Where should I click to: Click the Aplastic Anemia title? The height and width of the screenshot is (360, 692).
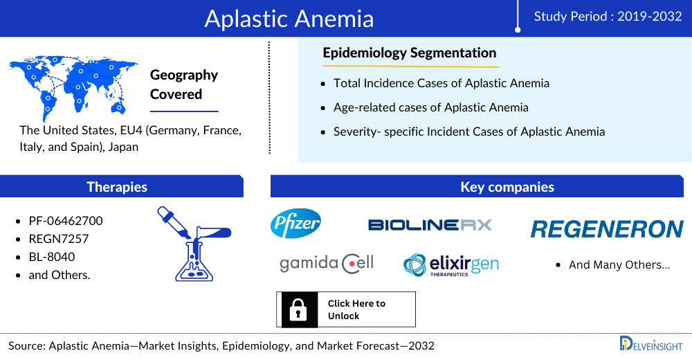click(289, 19)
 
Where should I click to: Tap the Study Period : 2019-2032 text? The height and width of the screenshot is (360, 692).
click(608, 17)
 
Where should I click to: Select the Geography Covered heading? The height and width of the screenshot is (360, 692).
click(184, 84)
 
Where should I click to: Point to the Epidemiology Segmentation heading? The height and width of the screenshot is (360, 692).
click(410, 53)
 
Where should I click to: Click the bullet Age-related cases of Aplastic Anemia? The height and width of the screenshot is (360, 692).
click(430, 107)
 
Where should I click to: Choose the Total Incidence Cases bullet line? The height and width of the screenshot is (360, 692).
click(441, 83)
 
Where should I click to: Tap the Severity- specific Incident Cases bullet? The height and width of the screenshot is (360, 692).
click(469, 132)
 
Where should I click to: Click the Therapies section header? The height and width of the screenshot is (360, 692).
click(117, 187)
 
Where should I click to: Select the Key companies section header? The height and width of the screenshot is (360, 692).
click(507, 187)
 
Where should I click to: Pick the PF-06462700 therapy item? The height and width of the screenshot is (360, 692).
click(66, 221)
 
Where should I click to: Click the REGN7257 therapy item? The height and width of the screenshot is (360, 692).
click(59, 239)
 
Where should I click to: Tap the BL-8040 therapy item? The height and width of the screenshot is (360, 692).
click(52, 257)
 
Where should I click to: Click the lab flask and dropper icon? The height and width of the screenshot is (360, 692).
click(194, 244)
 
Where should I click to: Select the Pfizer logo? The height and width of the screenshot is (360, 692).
click(295, 224)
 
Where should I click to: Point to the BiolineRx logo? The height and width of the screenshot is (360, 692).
click(430, 225)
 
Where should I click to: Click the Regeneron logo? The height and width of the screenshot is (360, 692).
click(608, 229)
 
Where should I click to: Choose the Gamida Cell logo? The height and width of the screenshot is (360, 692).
click(327, 264)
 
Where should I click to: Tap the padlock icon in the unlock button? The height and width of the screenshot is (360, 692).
click(298, 309)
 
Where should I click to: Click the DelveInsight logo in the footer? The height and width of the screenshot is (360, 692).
click(651, 344)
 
